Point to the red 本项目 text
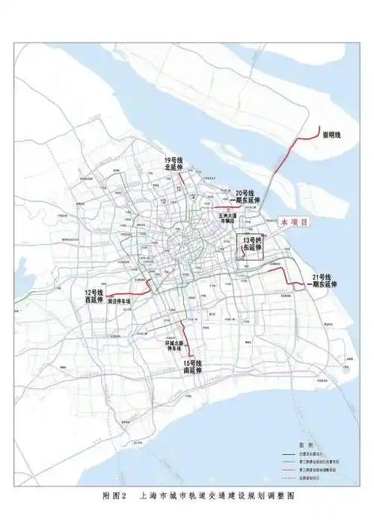coord(293,222)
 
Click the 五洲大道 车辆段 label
coord(228,218)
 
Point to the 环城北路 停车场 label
coord(174,346)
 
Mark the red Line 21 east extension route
coord(288,278)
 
